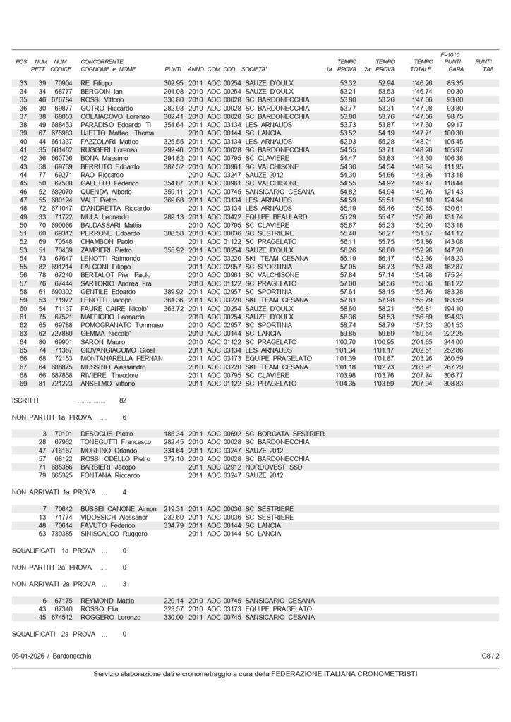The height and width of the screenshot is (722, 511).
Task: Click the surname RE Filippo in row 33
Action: [97, 83]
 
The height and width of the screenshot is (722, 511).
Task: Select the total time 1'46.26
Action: [421, 83]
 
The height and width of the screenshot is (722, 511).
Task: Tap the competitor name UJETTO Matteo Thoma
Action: [117, 133]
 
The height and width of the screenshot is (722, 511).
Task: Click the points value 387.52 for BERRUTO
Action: [174, 166]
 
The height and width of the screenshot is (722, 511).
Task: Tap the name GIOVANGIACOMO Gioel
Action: [118, 350]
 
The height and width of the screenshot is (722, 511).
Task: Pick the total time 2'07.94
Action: [421, 384]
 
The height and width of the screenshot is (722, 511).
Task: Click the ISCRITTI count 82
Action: [123, 400]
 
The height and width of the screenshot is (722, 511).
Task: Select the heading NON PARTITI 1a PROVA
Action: [54, 417]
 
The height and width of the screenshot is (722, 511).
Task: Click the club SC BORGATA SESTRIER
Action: [284, 433]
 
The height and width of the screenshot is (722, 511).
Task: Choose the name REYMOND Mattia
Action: [108, 600]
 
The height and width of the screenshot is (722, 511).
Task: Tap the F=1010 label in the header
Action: [450, 54]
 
